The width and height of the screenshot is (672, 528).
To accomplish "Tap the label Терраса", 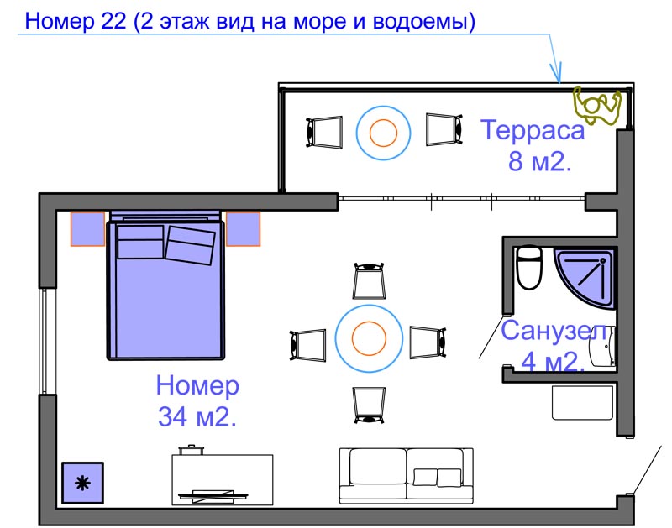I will [x=532, y=131].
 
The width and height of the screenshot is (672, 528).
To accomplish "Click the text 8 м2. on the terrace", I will [x=539, y=161].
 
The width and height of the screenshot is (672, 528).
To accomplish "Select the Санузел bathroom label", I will [x=554, y=331].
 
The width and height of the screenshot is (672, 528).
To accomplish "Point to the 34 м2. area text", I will [x=197, y=416].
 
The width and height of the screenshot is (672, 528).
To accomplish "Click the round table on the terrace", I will [x=383, y=132].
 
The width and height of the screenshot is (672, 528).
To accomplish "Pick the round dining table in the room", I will [x=368, y=339].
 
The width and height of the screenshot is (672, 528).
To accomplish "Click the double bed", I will [x=166, y=290].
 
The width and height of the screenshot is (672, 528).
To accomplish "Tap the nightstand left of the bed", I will [x=87, y=229].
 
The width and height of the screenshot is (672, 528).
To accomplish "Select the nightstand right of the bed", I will [x=243, y=229].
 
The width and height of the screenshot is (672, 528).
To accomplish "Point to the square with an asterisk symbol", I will [x=82, y=483].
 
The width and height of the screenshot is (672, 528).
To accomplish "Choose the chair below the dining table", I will [x=370, y=404].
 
